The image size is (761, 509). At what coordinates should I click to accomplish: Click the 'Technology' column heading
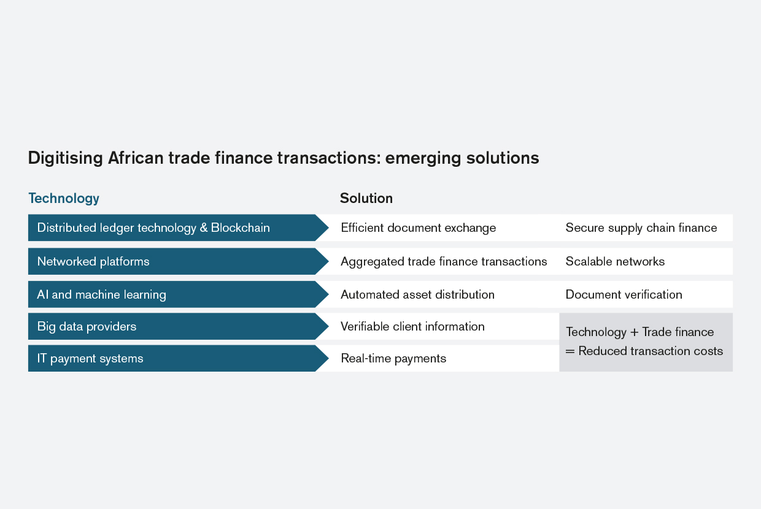[64, 199]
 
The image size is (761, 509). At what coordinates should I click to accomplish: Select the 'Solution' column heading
[366, 198]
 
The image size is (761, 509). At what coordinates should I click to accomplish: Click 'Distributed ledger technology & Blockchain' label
[153, 228]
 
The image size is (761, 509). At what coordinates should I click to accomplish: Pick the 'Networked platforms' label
[93, 261]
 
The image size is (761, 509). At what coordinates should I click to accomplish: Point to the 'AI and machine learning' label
[102, 295]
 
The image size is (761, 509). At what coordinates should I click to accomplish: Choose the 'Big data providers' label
[87, 327]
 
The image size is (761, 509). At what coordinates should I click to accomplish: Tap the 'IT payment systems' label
[90, 359]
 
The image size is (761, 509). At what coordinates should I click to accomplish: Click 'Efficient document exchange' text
[418, 228]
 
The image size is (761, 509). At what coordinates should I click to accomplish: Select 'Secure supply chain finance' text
[641, 228]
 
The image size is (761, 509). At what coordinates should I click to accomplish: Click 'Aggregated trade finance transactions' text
[444, 261]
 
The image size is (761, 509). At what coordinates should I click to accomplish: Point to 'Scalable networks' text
[615, 261]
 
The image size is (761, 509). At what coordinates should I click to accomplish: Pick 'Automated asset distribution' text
[417, 294]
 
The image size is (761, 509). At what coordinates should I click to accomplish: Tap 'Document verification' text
[624, 294]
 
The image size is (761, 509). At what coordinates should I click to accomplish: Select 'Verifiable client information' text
[412, 326]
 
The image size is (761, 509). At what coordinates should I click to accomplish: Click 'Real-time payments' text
[393, 359]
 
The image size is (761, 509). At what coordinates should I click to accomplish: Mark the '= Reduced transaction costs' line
[644, 351]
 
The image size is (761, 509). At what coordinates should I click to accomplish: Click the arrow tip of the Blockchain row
[328, 228]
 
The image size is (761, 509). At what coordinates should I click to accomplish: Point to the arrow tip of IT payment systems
[328, 358]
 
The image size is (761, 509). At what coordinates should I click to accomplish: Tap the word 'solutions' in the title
[503, 158]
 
